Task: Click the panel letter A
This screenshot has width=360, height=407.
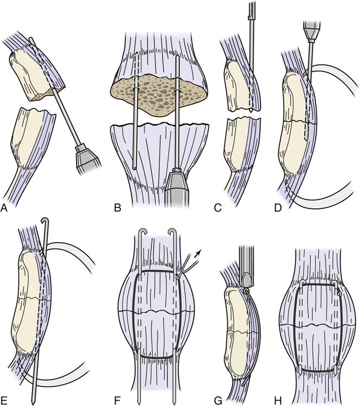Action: (4, 208)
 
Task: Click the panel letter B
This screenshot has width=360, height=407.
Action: (118, 208)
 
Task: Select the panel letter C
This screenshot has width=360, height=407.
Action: (217, 208)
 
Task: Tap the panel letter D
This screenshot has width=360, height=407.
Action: (278, 208)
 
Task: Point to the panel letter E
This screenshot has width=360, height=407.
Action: (4, 401)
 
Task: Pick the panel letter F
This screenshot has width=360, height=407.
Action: (118, 401)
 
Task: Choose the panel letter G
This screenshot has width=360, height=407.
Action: (218, 401)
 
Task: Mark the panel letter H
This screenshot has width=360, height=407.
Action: (278, 401)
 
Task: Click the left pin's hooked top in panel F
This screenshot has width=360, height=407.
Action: (143, 232)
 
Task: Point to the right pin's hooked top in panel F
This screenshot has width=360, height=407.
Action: (173, 232)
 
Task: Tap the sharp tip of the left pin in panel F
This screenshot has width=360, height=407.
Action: (139, 403)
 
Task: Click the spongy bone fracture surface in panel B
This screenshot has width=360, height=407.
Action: (159, 96)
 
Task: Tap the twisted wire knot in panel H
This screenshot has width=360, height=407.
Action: (339, 293)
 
